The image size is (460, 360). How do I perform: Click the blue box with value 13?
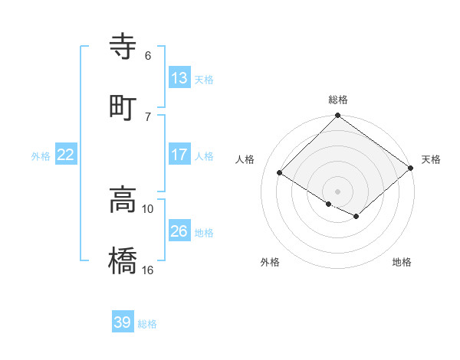point(179,77)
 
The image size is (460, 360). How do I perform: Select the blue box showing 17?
point(179,155)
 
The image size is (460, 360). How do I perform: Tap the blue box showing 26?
point(179,231)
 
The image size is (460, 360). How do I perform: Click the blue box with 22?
point(66,155)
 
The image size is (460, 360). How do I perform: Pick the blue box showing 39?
point(123,322)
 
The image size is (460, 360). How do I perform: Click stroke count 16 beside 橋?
point(148,270)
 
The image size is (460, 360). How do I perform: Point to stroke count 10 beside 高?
point(148,208)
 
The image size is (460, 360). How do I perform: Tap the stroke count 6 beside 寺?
point(148,56)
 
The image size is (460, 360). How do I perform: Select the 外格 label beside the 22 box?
point(41,155)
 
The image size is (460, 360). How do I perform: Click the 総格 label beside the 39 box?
point(147,323)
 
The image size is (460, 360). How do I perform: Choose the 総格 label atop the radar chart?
point(338,100)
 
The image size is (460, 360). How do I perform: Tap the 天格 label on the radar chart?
point(431,159)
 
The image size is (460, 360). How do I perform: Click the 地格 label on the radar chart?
point(402,263)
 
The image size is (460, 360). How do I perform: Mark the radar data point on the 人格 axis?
point(280,174)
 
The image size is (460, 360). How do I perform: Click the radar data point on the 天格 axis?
point(412,169)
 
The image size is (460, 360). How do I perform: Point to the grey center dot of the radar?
point(337,191)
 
